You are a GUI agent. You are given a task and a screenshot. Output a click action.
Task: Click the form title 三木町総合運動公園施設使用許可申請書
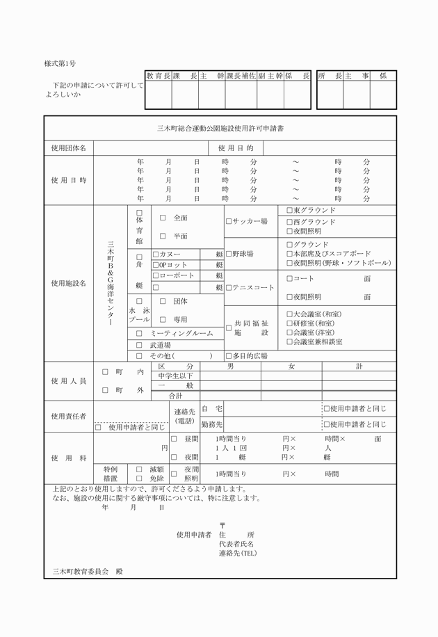coord(219,129)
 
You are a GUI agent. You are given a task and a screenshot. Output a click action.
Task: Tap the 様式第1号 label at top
coord(60,63)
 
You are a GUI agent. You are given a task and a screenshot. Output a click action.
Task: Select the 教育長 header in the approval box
coord(158,75)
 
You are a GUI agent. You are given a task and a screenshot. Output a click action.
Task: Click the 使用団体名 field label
coord(69,148)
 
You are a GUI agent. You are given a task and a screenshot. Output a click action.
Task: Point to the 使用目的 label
coord(236,148)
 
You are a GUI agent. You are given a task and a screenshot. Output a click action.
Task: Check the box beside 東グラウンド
coord(290,210)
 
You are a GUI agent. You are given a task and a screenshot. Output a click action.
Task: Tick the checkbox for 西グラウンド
coord(290,222)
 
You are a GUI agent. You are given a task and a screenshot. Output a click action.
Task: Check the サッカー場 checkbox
coord(229,222)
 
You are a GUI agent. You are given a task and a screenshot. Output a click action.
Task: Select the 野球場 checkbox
coord(229,254)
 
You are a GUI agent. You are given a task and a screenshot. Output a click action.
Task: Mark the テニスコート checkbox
coord(229,287)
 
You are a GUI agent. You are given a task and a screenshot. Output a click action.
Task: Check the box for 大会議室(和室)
coord(290,314)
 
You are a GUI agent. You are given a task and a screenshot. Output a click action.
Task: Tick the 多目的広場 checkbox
coord(229,355)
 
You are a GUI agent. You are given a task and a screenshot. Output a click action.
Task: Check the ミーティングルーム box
coord(139,334)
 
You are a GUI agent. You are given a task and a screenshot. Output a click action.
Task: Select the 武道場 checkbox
coord(139,345)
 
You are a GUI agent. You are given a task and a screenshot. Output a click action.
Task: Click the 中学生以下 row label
coord(175,376)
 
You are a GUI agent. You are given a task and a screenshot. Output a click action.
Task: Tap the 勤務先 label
coord(211,424)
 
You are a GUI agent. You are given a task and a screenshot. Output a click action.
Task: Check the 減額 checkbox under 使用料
coord(139,469)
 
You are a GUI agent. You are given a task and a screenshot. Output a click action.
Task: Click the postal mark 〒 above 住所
coord(222,525)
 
